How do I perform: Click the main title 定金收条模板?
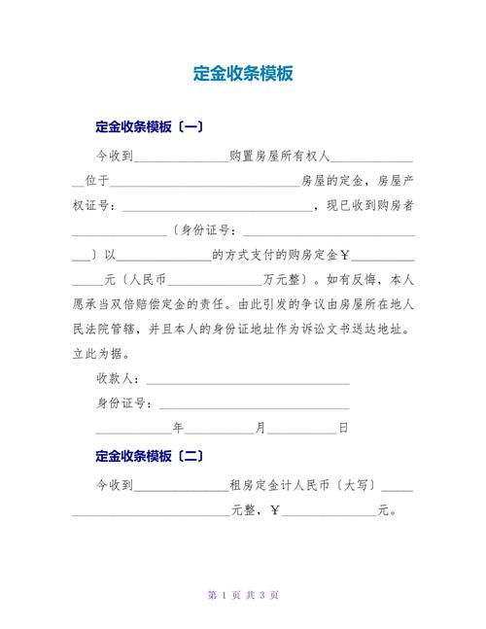click(242, 74)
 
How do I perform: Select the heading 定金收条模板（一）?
click(150, 126)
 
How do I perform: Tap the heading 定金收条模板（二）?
click(150, 455)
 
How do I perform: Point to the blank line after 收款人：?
click(247, 381)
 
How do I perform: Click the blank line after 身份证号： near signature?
click(254, 406)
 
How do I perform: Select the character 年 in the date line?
click(178, 428)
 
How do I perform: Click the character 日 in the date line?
click(343, 428)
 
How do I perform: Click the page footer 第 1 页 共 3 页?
click(244, 595)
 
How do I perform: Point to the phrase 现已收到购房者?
click(370, 205)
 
